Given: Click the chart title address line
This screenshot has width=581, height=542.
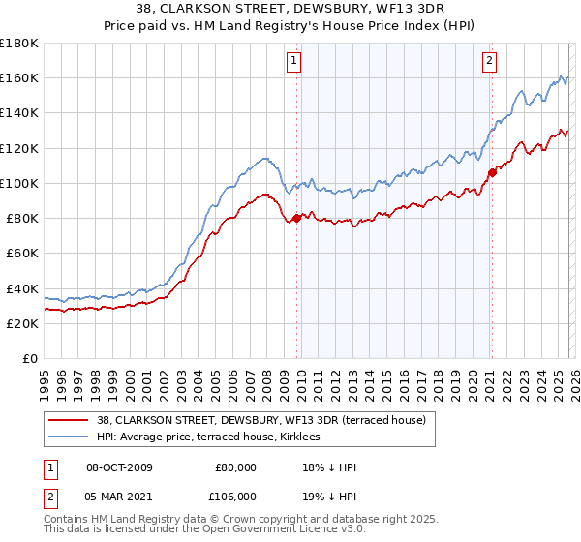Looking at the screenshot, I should [290, 9].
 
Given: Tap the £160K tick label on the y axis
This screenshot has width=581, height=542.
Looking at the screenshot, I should [19, 77].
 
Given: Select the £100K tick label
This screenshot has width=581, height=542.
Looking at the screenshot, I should [19, 183].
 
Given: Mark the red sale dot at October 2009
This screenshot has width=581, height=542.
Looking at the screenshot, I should [296, 218].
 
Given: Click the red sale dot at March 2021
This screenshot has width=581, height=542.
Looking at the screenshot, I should [492, 172].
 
